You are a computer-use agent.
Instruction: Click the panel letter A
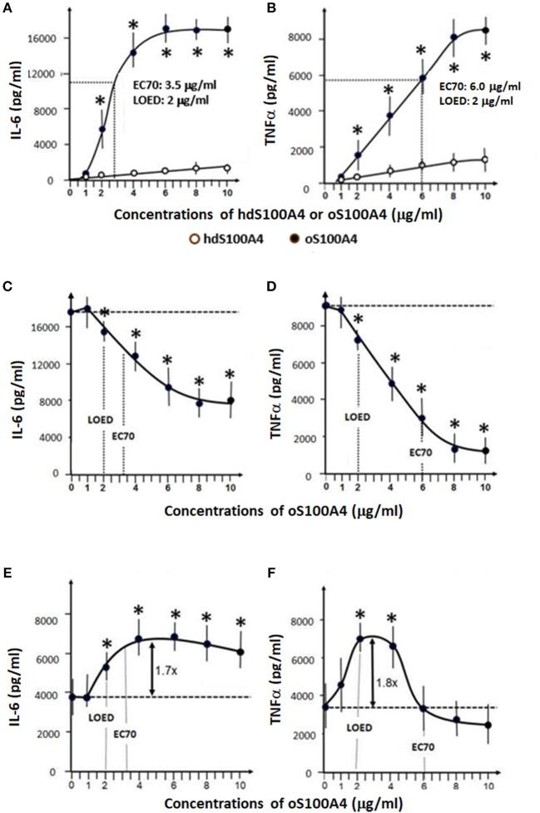click(x=7, y=7)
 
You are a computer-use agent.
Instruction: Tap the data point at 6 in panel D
click(x=422, y=419)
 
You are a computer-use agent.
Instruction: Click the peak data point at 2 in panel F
click(x=359, y=638)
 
